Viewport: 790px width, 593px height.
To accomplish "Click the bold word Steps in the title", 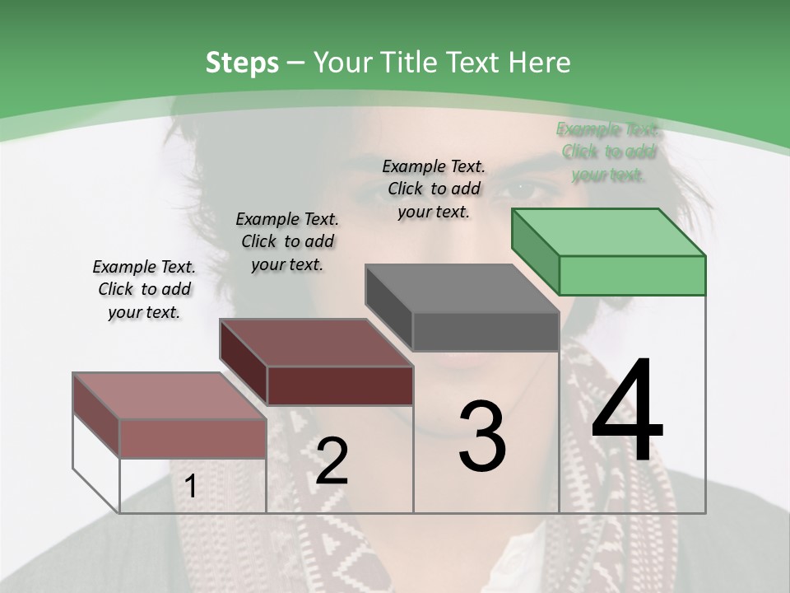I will coord(242,63).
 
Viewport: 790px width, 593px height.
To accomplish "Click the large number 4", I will coord(627,412).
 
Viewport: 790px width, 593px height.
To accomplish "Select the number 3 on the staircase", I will coord(482,437).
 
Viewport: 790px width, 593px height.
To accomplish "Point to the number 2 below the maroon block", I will coord(332,461).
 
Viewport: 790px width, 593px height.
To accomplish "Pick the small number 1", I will coord(191,487).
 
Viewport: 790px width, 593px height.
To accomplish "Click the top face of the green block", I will coord(609,232).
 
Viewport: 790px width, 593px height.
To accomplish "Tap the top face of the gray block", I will coord(462,288).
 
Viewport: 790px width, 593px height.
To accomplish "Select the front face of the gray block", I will coord(486,332).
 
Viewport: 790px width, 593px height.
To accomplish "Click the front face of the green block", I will coord(632,275).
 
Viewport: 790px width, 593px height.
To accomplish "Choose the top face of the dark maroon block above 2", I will coord(316,343).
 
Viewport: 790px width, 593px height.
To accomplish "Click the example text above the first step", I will coord(144,289).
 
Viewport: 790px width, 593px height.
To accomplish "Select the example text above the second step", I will coord(287,241).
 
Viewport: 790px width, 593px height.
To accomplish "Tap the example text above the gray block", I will coord(434,189).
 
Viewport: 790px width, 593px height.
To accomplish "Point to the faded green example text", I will coord(608,152).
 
